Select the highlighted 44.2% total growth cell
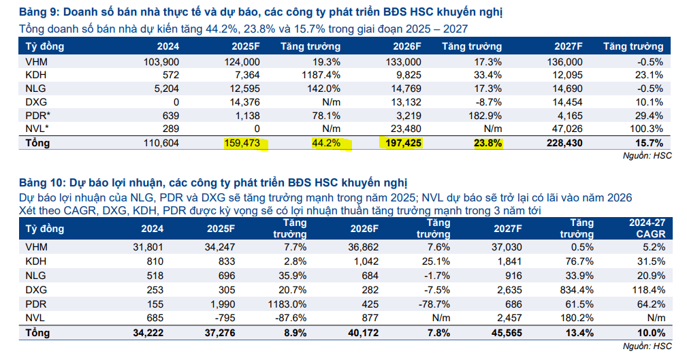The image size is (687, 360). [x=325, y=144]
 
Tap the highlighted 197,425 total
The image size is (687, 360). [x=400, y=144]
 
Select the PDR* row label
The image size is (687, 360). [x=36, y=116]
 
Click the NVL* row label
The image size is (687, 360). [x=36, y=129]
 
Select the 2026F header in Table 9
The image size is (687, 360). [x=407, y=46]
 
